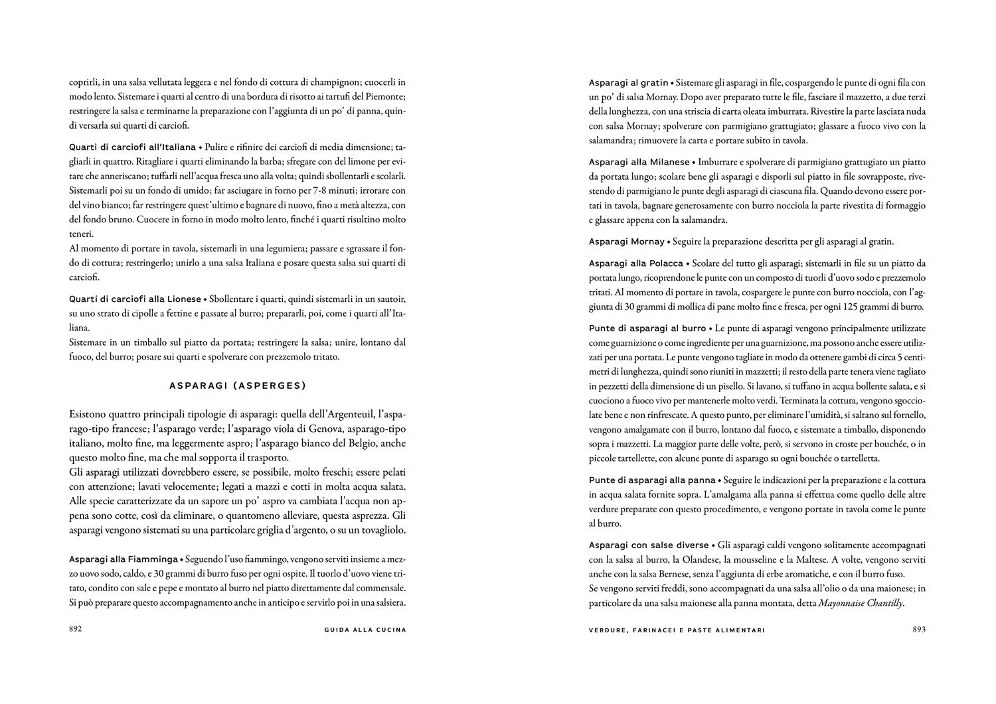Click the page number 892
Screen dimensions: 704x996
click(75, 630)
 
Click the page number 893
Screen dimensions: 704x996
click(919, 630)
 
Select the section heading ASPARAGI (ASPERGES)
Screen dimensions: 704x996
click(237, 385)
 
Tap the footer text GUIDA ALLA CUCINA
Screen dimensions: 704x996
click(361, 630)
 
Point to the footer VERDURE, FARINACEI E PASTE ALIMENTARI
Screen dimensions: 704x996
click(677, 630)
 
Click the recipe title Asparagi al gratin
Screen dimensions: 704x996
click(628, 83)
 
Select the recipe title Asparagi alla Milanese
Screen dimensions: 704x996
click(640, 162)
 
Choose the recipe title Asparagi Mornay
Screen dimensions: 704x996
click(627, 241)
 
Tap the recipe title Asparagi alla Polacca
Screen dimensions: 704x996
click(635, 263)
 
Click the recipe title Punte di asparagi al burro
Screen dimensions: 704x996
click(647, 328)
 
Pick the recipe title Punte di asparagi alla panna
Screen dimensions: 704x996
click(652, 480)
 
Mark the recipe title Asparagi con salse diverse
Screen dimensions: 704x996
click(649, 545)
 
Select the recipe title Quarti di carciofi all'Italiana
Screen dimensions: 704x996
click(132, 147)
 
